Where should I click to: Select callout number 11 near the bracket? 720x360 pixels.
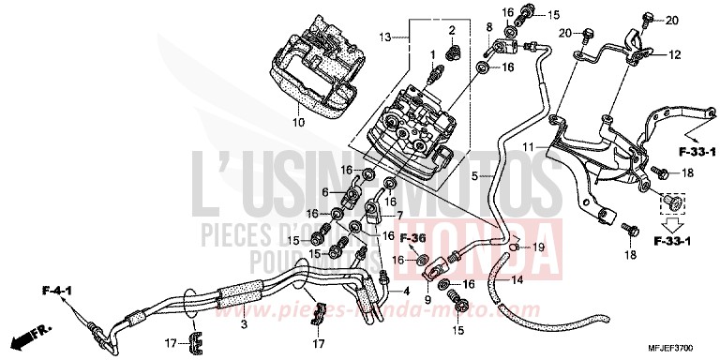click(x=527, y=148)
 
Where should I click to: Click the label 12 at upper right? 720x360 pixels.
click(x=675, y=56)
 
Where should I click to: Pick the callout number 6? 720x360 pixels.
click(x=326, y=191)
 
